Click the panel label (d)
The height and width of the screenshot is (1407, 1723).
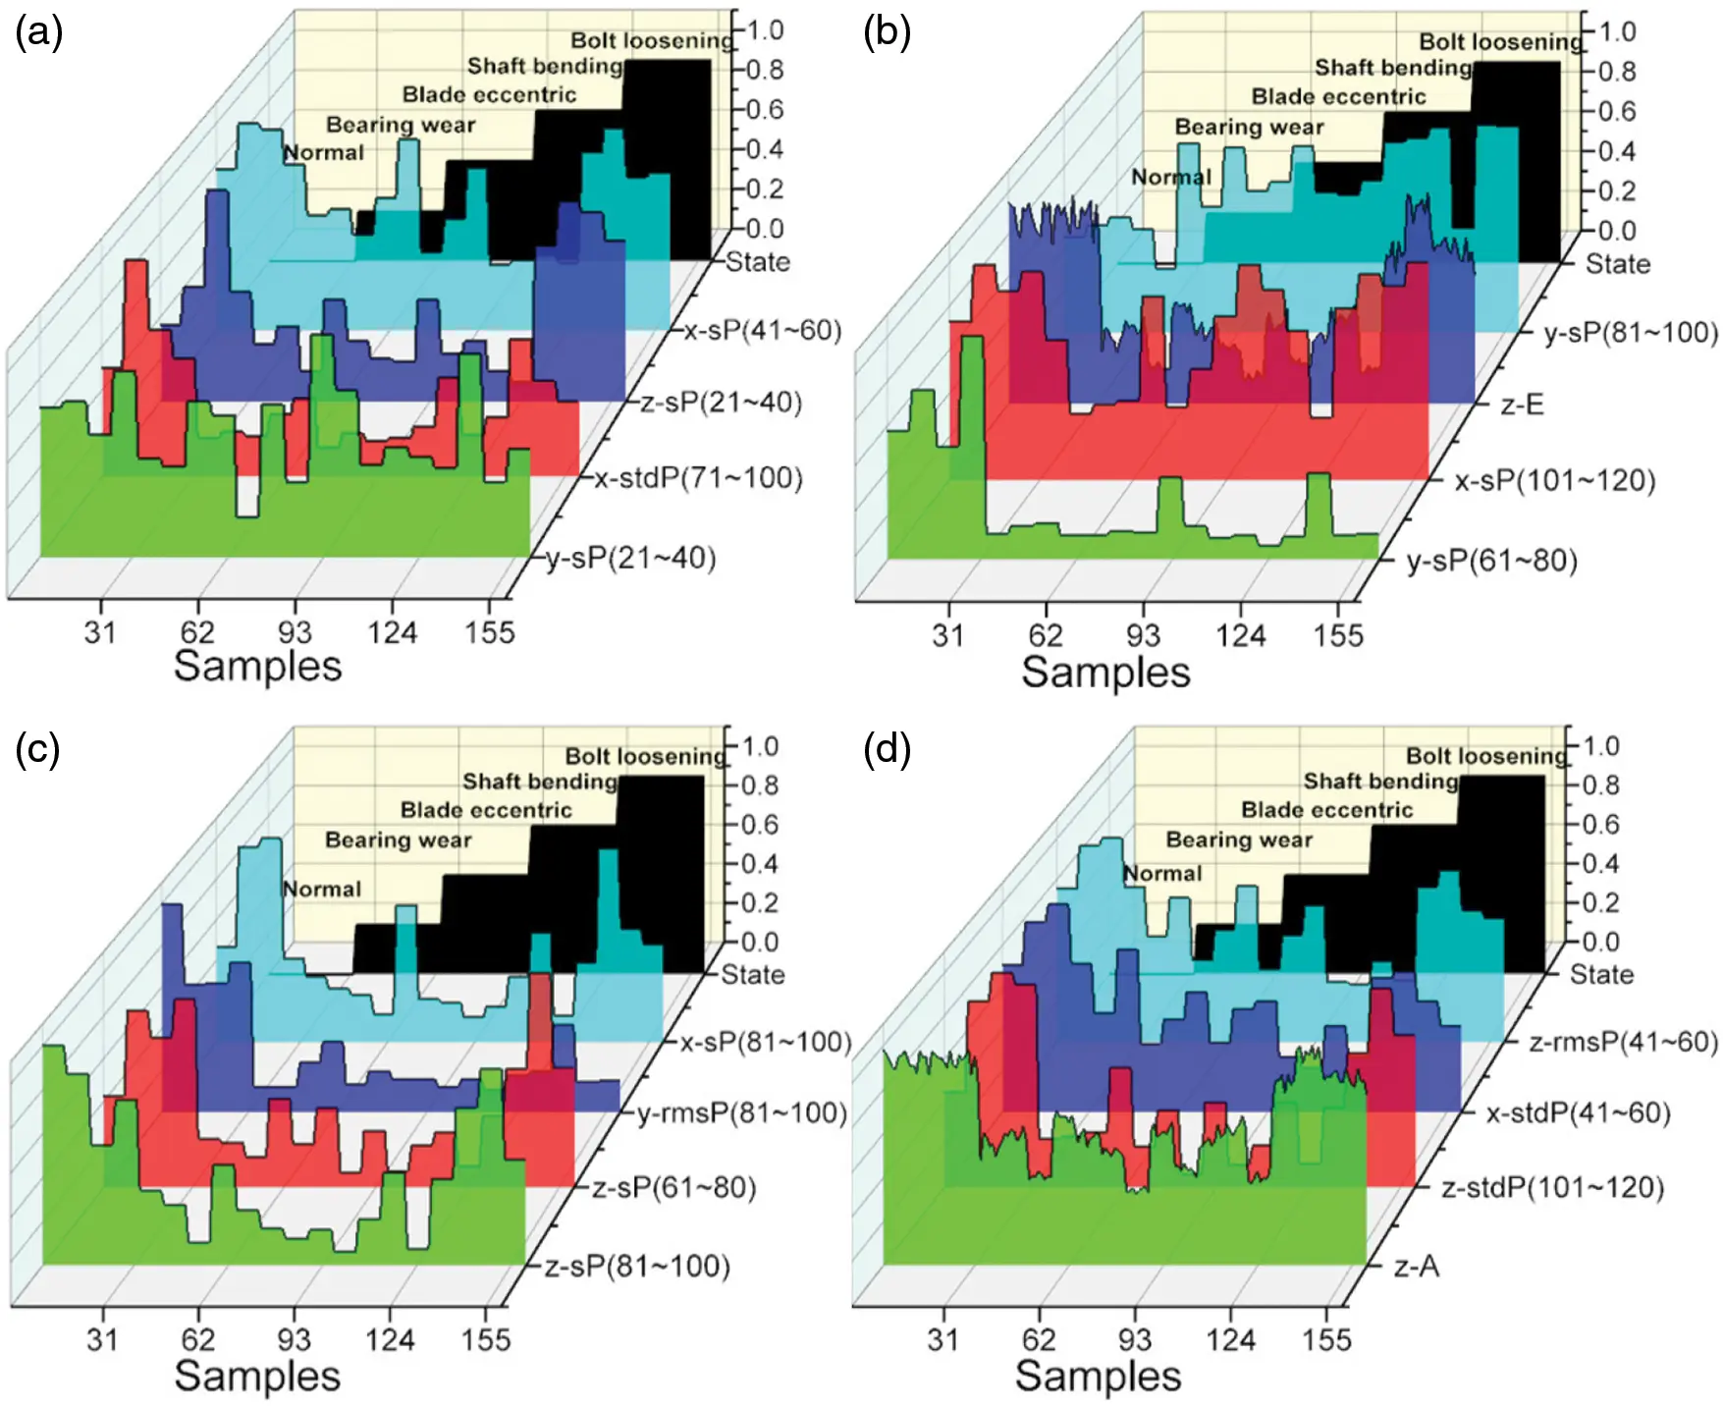887,749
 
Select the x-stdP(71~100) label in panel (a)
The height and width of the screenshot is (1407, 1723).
698,479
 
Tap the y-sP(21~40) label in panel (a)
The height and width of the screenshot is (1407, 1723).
631,559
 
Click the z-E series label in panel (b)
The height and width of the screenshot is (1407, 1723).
1522,405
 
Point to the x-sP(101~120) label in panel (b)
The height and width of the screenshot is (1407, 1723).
1555,481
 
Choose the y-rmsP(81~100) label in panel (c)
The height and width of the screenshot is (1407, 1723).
741,1113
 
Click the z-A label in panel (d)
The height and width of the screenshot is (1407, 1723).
1417,1267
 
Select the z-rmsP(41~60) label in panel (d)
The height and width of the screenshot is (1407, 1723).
1624,1042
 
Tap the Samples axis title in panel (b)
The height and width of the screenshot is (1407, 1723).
1105,674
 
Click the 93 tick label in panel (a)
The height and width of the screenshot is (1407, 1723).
294,633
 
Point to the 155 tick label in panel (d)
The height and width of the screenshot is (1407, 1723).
1326,1340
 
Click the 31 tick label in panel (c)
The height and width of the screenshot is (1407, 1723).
102,1340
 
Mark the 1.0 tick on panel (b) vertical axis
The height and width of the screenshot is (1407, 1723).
1617,32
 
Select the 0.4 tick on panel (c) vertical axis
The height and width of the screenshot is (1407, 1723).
759,864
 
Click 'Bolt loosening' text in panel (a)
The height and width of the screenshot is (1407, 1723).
652,41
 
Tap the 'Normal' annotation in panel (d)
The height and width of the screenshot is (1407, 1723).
1162,874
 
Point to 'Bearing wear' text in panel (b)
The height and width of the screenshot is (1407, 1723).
1249,128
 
